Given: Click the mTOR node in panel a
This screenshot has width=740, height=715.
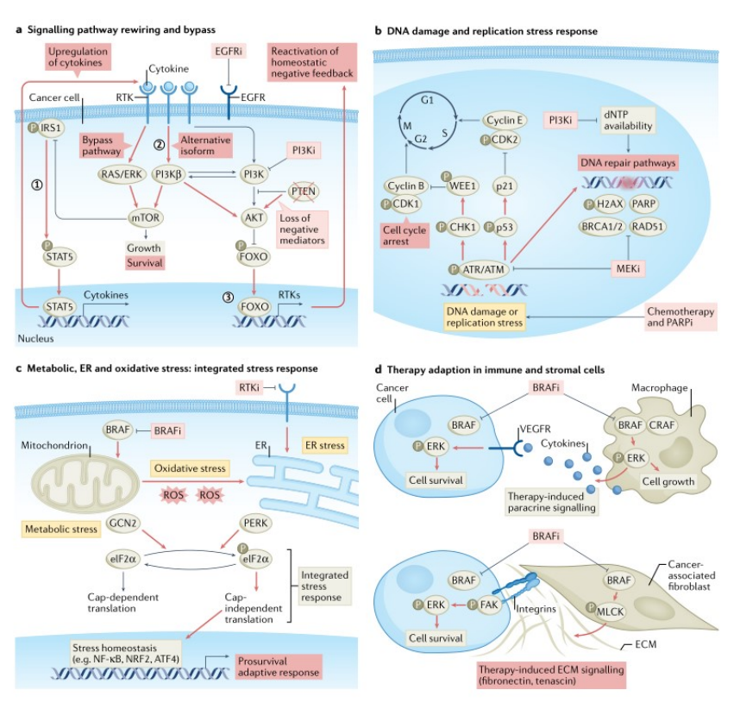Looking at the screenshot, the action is [146, 217].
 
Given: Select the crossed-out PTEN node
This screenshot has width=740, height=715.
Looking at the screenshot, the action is [304, 191].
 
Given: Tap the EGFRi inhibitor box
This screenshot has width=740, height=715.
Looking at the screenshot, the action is [229, 51].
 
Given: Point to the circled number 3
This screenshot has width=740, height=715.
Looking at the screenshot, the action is [228, 297].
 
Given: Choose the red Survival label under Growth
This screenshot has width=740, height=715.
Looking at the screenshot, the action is [144, 263].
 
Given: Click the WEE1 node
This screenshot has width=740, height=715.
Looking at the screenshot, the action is [462, 186].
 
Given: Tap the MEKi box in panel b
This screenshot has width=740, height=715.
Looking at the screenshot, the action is [628, 268].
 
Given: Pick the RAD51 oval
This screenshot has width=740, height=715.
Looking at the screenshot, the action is [648, 227].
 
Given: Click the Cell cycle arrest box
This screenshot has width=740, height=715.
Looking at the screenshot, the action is [404, 235].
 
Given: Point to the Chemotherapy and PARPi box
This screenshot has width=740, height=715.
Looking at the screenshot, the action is [680, 317].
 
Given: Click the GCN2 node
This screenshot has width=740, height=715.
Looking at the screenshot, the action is [122, 523].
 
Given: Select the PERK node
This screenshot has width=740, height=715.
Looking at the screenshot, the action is [255, 523].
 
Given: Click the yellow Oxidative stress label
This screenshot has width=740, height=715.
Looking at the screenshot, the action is [190, 468].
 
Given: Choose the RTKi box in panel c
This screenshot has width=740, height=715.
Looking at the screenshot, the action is [249, 387].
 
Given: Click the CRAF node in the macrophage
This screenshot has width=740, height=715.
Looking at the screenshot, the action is [662, 424].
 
